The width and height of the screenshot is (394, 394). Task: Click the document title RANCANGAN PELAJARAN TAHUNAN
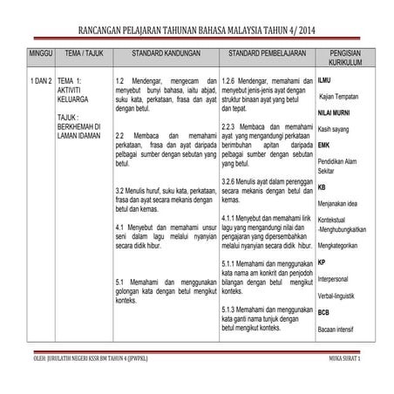click(x=197, y=32)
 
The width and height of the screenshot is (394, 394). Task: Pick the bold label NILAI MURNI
click(x=333, y=113)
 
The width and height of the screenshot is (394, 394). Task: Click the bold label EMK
click(x=323, y=145)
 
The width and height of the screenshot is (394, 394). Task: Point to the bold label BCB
click(x=323, y=312)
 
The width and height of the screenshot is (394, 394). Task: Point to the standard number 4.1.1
click(x=232, y=216)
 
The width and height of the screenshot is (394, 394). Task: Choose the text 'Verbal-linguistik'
click(x=341, y=296)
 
